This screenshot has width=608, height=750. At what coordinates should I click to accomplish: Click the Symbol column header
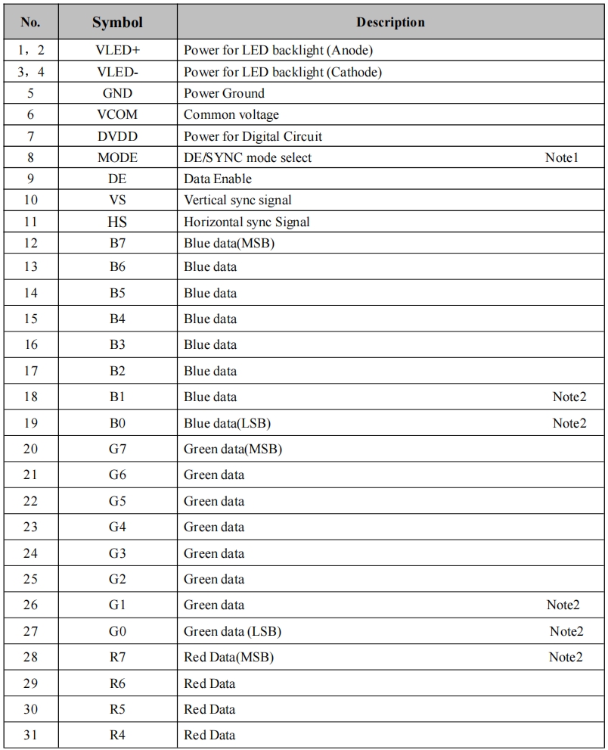117,23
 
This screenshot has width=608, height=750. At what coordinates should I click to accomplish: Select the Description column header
390,23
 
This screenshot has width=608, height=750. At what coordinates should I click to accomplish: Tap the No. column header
30,23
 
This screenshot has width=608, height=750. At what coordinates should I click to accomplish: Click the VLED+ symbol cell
117,51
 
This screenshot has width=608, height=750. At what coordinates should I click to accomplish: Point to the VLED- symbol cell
117,73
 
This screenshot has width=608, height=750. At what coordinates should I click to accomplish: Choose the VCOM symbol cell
117,115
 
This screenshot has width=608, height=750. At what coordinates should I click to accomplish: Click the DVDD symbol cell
117,136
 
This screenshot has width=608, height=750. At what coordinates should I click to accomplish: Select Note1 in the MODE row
561,158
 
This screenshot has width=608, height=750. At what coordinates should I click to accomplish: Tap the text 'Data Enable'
218,179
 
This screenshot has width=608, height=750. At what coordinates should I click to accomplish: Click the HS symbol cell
117,223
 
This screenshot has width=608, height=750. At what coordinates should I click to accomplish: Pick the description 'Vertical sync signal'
237,201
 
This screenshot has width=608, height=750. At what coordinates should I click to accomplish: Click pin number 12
30,243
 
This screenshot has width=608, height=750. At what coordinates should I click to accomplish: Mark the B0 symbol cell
117,423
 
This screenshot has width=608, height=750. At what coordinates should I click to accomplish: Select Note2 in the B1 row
569,397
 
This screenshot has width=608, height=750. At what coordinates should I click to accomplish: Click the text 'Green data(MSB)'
233,449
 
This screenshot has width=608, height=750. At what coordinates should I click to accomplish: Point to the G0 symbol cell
117,631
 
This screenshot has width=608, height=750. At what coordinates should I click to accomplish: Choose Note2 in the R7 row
566,657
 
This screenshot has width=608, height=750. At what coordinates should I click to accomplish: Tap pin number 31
30,735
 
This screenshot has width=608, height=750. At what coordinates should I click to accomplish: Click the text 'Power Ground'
224,94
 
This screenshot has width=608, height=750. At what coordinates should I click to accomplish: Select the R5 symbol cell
117,709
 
